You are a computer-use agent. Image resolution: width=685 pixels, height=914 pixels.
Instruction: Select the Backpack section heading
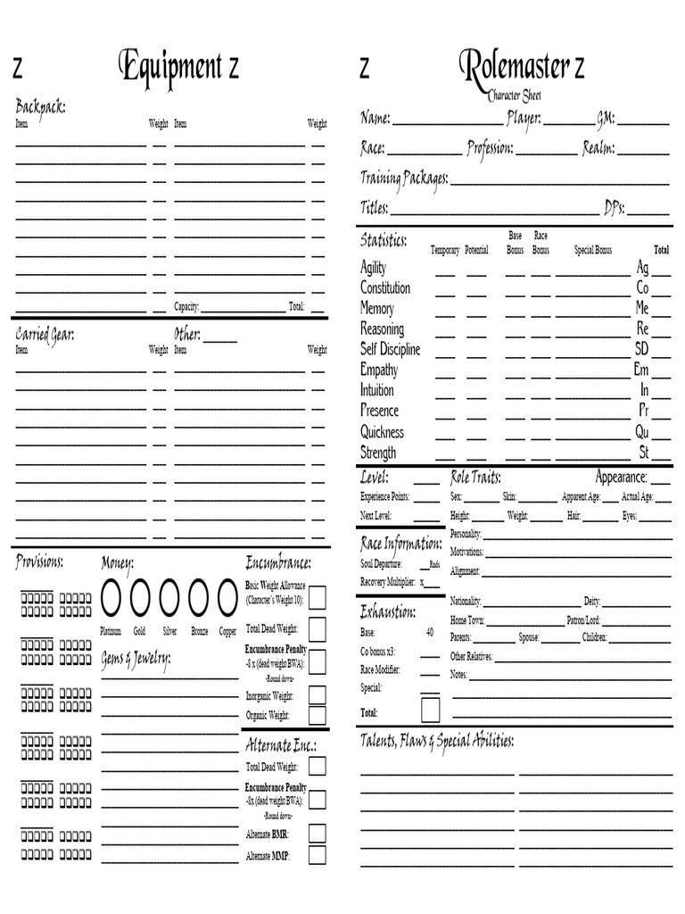(x=40, y=107)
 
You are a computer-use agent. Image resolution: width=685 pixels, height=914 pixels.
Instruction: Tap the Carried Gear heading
(x=45, y=334)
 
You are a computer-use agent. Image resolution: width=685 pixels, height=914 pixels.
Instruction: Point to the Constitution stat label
(x=385, y=288)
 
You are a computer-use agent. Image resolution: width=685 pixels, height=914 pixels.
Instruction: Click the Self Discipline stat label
(x=390, y=350)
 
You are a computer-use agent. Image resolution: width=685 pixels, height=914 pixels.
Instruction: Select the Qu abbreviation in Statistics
(x=641, y=432)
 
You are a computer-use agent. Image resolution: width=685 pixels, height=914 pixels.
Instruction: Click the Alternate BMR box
(x=317, y=833)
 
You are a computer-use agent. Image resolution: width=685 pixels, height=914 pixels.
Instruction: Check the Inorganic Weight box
(x=317, y=695)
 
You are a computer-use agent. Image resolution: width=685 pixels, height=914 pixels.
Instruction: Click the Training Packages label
(x=404, y=178)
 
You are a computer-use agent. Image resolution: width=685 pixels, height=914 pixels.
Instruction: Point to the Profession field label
(x=490, y=147)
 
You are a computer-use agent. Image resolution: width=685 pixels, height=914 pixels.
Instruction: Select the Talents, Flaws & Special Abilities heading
(x=437, y=742)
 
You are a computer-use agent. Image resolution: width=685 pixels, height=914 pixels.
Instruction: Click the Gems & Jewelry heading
(x=136, y=659)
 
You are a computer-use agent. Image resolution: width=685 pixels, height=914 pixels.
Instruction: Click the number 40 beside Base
(x=430, y=633)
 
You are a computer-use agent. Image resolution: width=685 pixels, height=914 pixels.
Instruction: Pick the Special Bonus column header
(x=592, y=251)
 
